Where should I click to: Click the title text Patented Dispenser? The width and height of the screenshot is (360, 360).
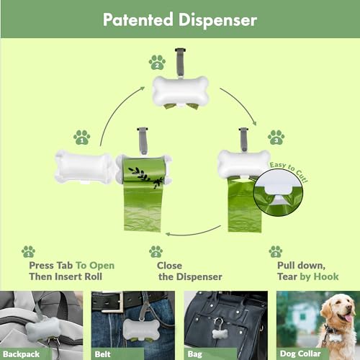click(x=179, y=19)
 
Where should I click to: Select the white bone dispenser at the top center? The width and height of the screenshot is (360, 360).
click(x=180, y=93)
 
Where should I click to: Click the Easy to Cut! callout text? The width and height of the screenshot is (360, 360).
click(x=288, y=171)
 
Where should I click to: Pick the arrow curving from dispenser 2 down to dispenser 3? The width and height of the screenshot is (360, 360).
click(x=242, y=104)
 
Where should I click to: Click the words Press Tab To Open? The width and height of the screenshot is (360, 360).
click(x=71, y=265)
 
